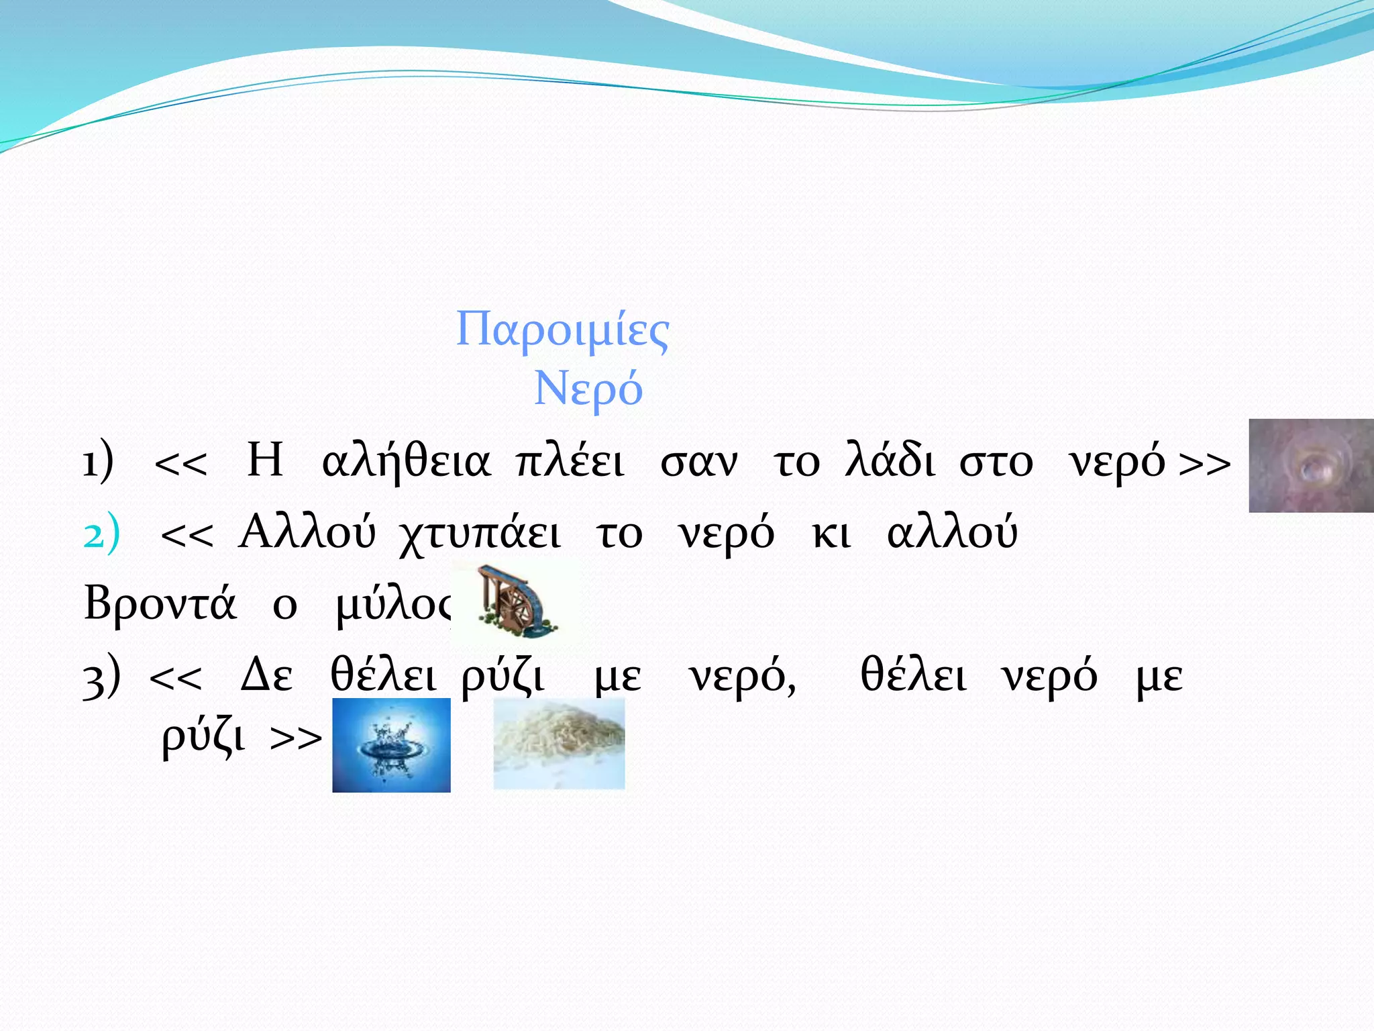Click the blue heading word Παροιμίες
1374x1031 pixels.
562,330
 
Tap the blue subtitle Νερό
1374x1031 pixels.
588,389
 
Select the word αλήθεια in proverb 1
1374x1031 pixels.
406,462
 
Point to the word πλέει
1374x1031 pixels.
570,462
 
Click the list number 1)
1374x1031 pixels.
98,462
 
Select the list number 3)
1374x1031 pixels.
101,677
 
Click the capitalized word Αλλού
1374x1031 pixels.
307,534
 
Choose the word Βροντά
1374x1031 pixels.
160,603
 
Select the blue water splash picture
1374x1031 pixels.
391,745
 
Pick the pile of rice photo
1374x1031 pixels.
559,744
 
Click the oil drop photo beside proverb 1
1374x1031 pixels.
1310,466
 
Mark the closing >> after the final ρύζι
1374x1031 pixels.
296,738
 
